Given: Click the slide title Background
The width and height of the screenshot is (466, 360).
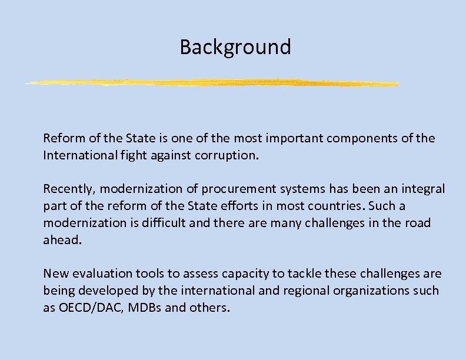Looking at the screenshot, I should pos(235,46).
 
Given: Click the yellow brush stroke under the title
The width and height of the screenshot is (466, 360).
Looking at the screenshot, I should pos(212,83).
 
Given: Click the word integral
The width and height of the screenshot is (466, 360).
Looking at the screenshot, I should pos(423,189).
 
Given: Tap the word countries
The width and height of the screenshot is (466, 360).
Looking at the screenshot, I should pos(329,206).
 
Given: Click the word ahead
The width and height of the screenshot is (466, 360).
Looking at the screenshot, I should pos(61,240).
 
